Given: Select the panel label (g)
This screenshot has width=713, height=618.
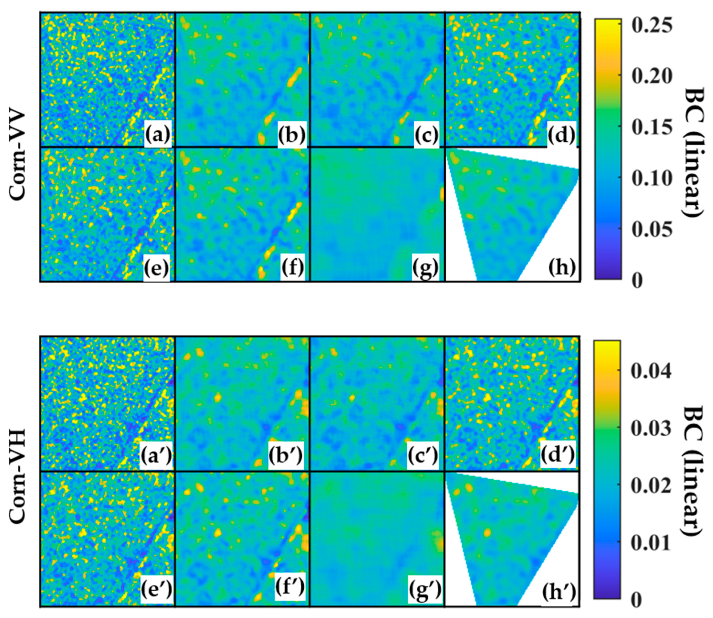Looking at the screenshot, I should pos(426,269).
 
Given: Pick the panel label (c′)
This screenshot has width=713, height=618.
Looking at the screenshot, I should pos(423,455).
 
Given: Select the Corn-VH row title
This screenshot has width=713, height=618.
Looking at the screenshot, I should pos(17,478).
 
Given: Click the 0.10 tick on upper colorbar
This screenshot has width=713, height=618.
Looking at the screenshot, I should pos(652,179).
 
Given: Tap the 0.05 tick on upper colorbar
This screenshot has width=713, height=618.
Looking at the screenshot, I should pos(652,230).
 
